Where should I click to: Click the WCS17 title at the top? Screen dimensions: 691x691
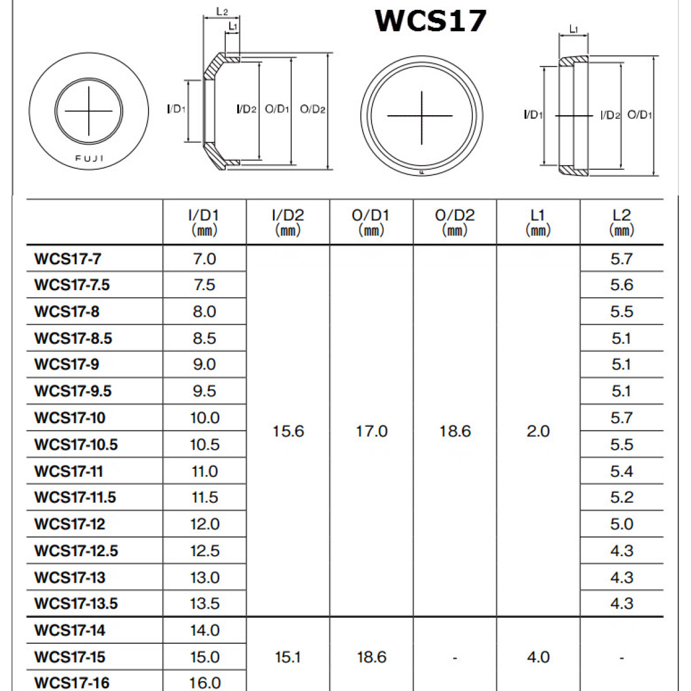tap(431, 21)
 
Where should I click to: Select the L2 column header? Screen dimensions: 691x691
tap(621, 222)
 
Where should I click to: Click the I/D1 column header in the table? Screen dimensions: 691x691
tap(204, 222)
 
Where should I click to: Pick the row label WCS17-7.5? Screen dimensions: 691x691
tap(72, 285)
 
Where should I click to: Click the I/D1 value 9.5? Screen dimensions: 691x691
tap(204, 391)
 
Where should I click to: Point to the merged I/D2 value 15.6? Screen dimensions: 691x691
tap(288, 431)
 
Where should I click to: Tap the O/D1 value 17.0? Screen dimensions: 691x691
tap(371, 431)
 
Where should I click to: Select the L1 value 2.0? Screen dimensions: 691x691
tap(538, 431)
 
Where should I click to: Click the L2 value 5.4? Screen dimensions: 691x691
tap(622, 471)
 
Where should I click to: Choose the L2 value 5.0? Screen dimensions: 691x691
tap(622, 524)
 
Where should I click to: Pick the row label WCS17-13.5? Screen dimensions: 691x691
tap(76, 603)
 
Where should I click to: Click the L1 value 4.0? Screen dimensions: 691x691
tap(538, 657)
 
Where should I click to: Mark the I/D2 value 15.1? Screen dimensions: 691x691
tap(288, 657)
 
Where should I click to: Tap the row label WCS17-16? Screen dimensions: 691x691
tap(72, 683)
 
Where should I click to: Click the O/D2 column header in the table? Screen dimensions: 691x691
tap(455, 222)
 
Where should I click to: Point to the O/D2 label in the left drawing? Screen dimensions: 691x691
tap(313, 109)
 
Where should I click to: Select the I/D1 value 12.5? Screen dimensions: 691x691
tap(205, 550)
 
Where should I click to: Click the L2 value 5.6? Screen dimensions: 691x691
tap(622, 285)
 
